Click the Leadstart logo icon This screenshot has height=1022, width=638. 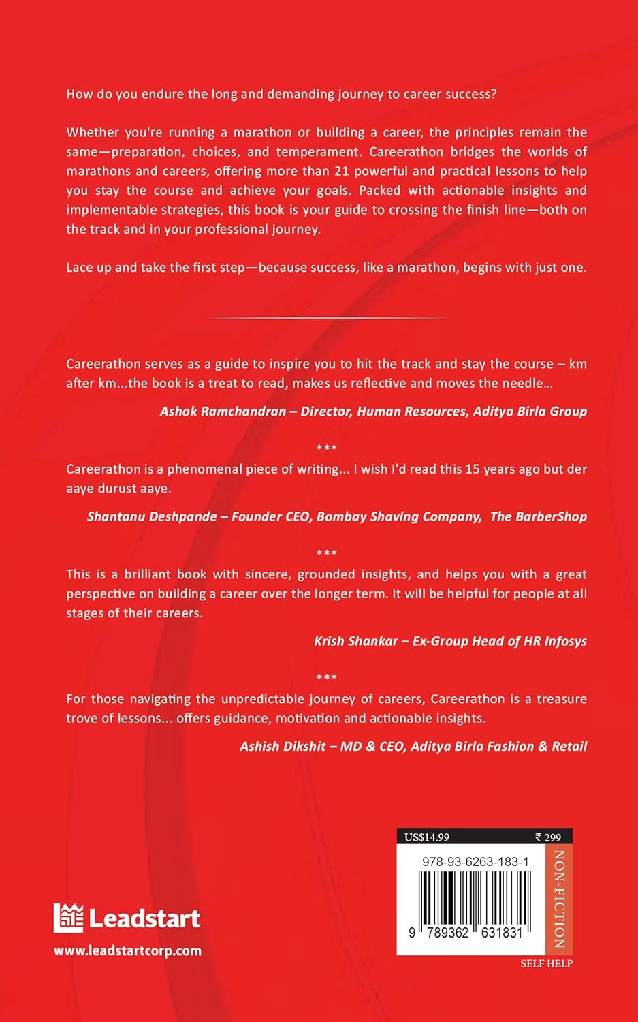tap(68, 918)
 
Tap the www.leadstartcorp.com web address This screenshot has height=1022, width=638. tap(128, 950)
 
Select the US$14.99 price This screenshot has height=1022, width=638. tap(427, 837)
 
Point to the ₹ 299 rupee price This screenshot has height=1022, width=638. tap(548, 837)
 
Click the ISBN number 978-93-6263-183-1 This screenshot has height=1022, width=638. tap(475, 861)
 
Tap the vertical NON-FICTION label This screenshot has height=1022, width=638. tap(559, 899)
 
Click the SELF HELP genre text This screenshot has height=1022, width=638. tap(546, 963)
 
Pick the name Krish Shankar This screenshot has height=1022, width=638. tap(355, 641)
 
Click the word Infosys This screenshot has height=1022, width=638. tap(565, 641)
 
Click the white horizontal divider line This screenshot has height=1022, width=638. tap(327, 318)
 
